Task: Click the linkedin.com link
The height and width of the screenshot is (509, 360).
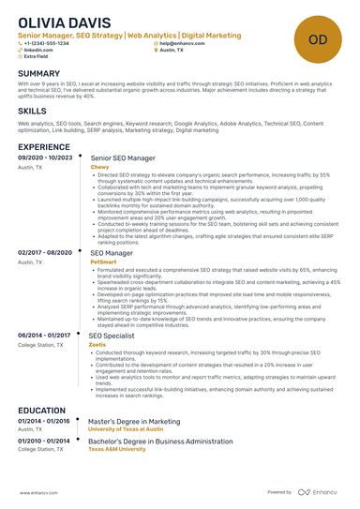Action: point(38,51)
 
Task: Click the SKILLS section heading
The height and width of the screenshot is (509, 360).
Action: point(33,110)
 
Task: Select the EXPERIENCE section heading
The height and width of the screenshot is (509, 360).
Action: point(44,147)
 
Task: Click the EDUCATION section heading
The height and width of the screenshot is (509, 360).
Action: point(41,410)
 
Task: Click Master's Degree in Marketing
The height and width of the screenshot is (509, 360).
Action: point(134,422)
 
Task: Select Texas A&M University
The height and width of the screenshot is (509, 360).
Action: point(118,449)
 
